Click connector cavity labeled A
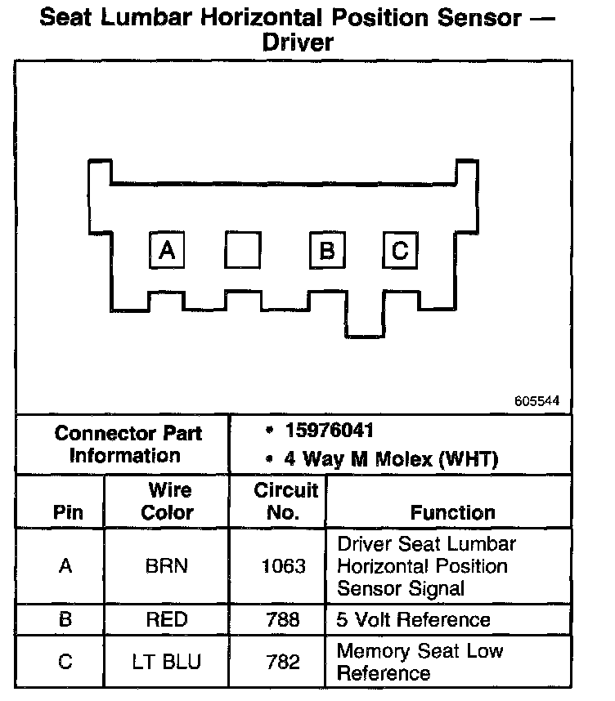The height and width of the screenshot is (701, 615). pos(167,250)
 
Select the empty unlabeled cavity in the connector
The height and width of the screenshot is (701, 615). pos(242,250)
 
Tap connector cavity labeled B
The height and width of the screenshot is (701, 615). pos(327,250)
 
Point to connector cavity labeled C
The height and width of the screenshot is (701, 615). pos(400,250)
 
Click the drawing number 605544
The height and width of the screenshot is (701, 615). pos(537,402)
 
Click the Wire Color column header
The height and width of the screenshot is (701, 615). pos(168,502)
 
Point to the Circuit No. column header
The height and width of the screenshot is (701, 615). pos(285,502)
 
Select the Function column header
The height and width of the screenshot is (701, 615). pos(452,512)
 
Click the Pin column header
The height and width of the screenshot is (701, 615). pos(67,513)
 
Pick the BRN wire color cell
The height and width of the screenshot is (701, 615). pos(167,566)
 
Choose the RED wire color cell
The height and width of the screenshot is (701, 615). pos(167,619)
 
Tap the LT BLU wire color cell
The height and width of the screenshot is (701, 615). pos(167,662)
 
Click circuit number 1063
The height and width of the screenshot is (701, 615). pos(284,566)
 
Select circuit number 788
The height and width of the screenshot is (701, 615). pos(284,619)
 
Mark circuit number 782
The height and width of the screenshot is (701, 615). pos(284,662)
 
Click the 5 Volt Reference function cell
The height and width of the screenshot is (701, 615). pos(413,619)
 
